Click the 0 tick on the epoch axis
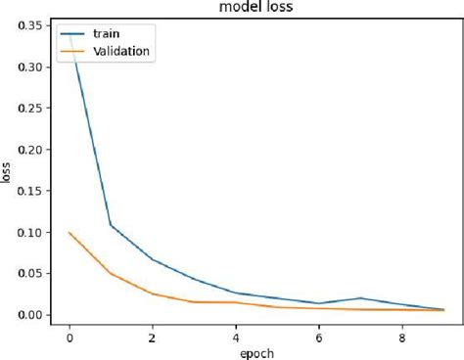[x=70, y=335]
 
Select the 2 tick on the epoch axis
[x=153, y=335]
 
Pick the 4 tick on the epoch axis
[x=236, y=335]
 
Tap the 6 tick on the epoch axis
[x=319, y=335]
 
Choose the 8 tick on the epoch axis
[x=402, y=335]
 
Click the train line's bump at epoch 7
[x=361, y=298]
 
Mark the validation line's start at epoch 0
[x=70, y=233]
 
